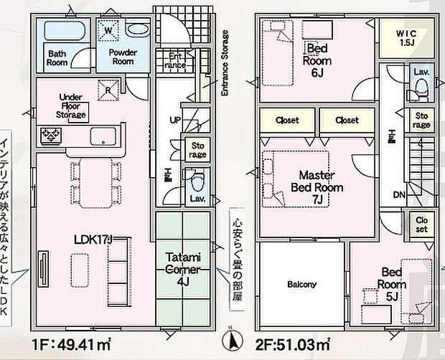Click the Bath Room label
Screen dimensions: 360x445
pos(57,57)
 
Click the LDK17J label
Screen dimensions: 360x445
pos(93,240)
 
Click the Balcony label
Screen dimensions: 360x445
pos(302,284)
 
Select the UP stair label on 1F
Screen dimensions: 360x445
pos(174,120)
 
